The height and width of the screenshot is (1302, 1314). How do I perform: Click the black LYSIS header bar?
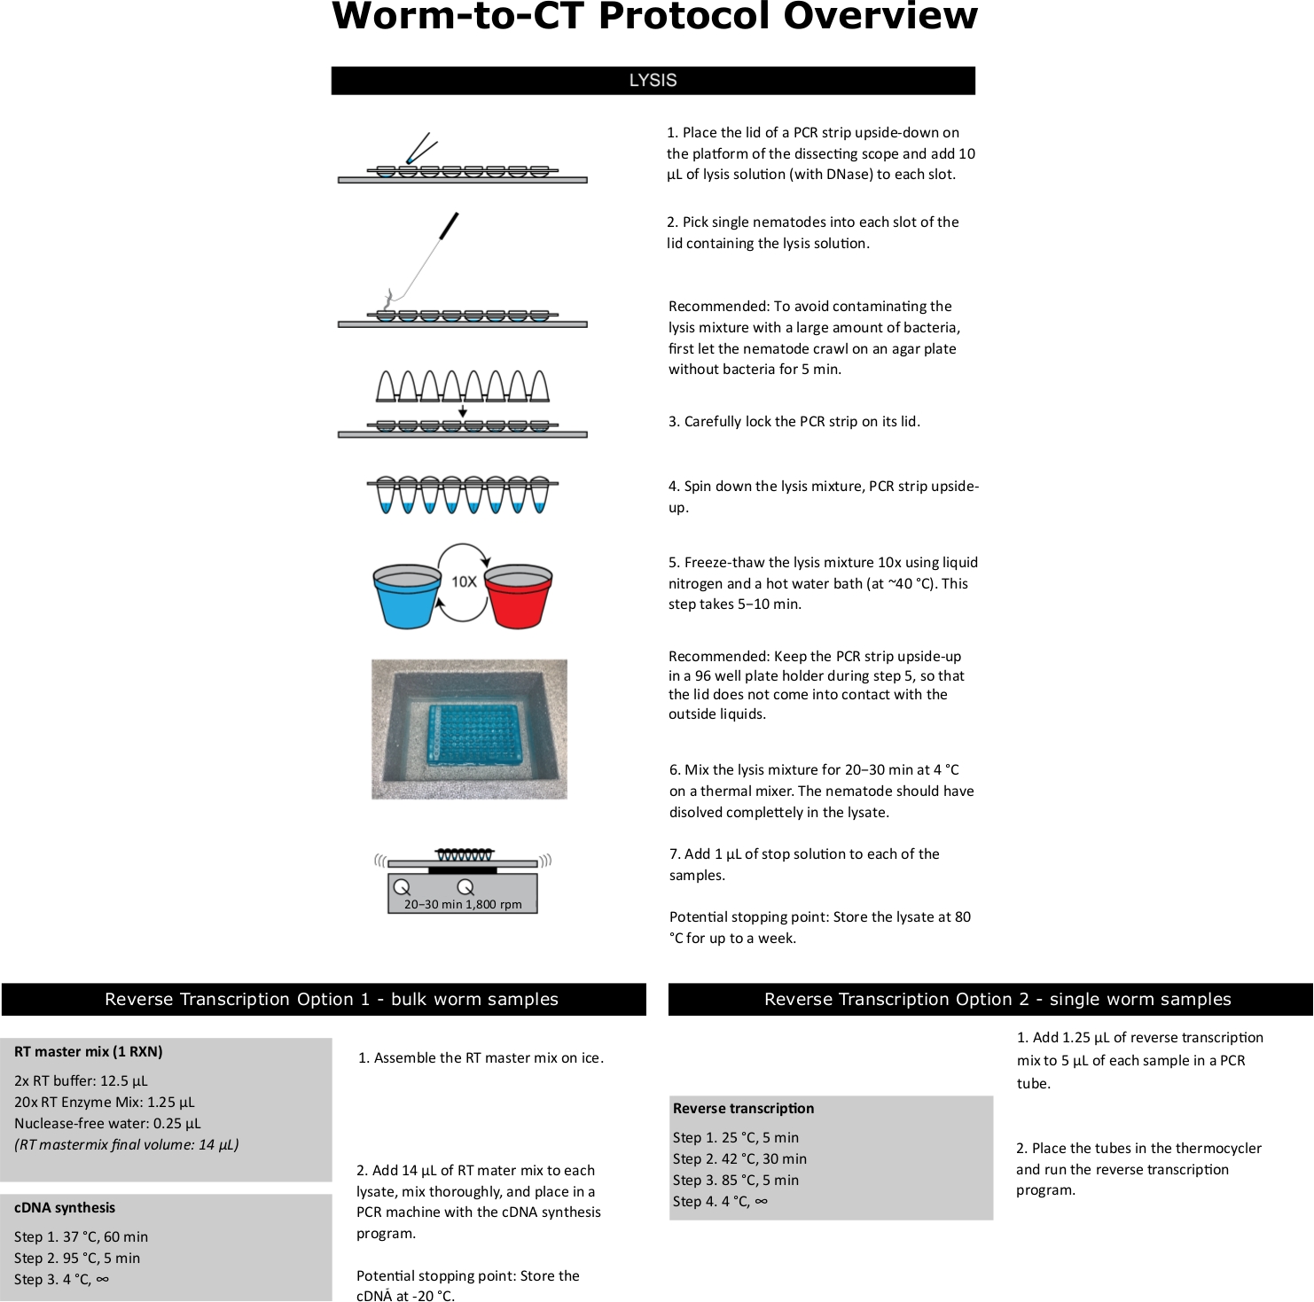pyautogui.click(x=653, y=81)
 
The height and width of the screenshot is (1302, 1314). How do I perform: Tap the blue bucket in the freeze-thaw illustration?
pyautogui.click(x=407, y=594)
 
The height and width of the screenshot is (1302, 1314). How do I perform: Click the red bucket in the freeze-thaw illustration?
pyautogui.click(x=519, y=594)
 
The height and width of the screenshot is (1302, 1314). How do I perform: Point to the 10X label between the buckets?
pyautogui.click(x=464, y=582)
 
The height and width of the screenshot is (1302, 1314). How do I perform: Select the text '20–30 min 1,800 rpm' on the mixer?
pyautogui.click(x=463, y=904)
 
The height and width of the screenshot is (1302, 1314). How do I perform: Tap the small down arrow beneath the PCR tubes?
pyautogui.click(x=463, y=411)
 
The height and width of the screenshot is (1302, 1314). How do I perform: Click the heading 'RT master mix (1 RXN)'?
pyautogui.click(x=89, y=1052)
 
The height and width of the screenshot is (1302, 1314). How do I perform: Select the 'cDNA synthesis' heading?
pyautogui.click(x=65, y=1207)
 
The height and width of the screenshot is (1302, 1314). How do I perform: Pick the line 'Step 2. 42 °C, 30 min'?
pyautogui.click(x=739, y=1158)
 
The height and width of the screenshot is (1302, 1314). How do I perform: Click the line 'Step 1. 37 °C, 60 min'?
pyautogui.click(x=81, y=1236)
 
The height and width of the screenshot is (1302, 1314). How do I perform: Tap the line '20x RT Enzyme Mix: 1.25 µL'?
pyautogui.click(x=104, y=1102)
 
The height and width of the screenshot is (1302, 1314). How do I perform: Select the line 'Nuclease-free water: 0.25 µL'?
pyautogui.click(x=107, y=1123)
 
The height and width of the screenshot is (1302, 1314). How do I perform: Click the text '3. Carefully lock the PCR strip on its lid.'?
pyautogui.click(x=794, y=421)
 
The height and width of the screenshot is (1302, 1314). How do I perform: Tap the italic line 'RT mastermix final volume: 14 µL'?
pyautogui.click(x=127, y=1144)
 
